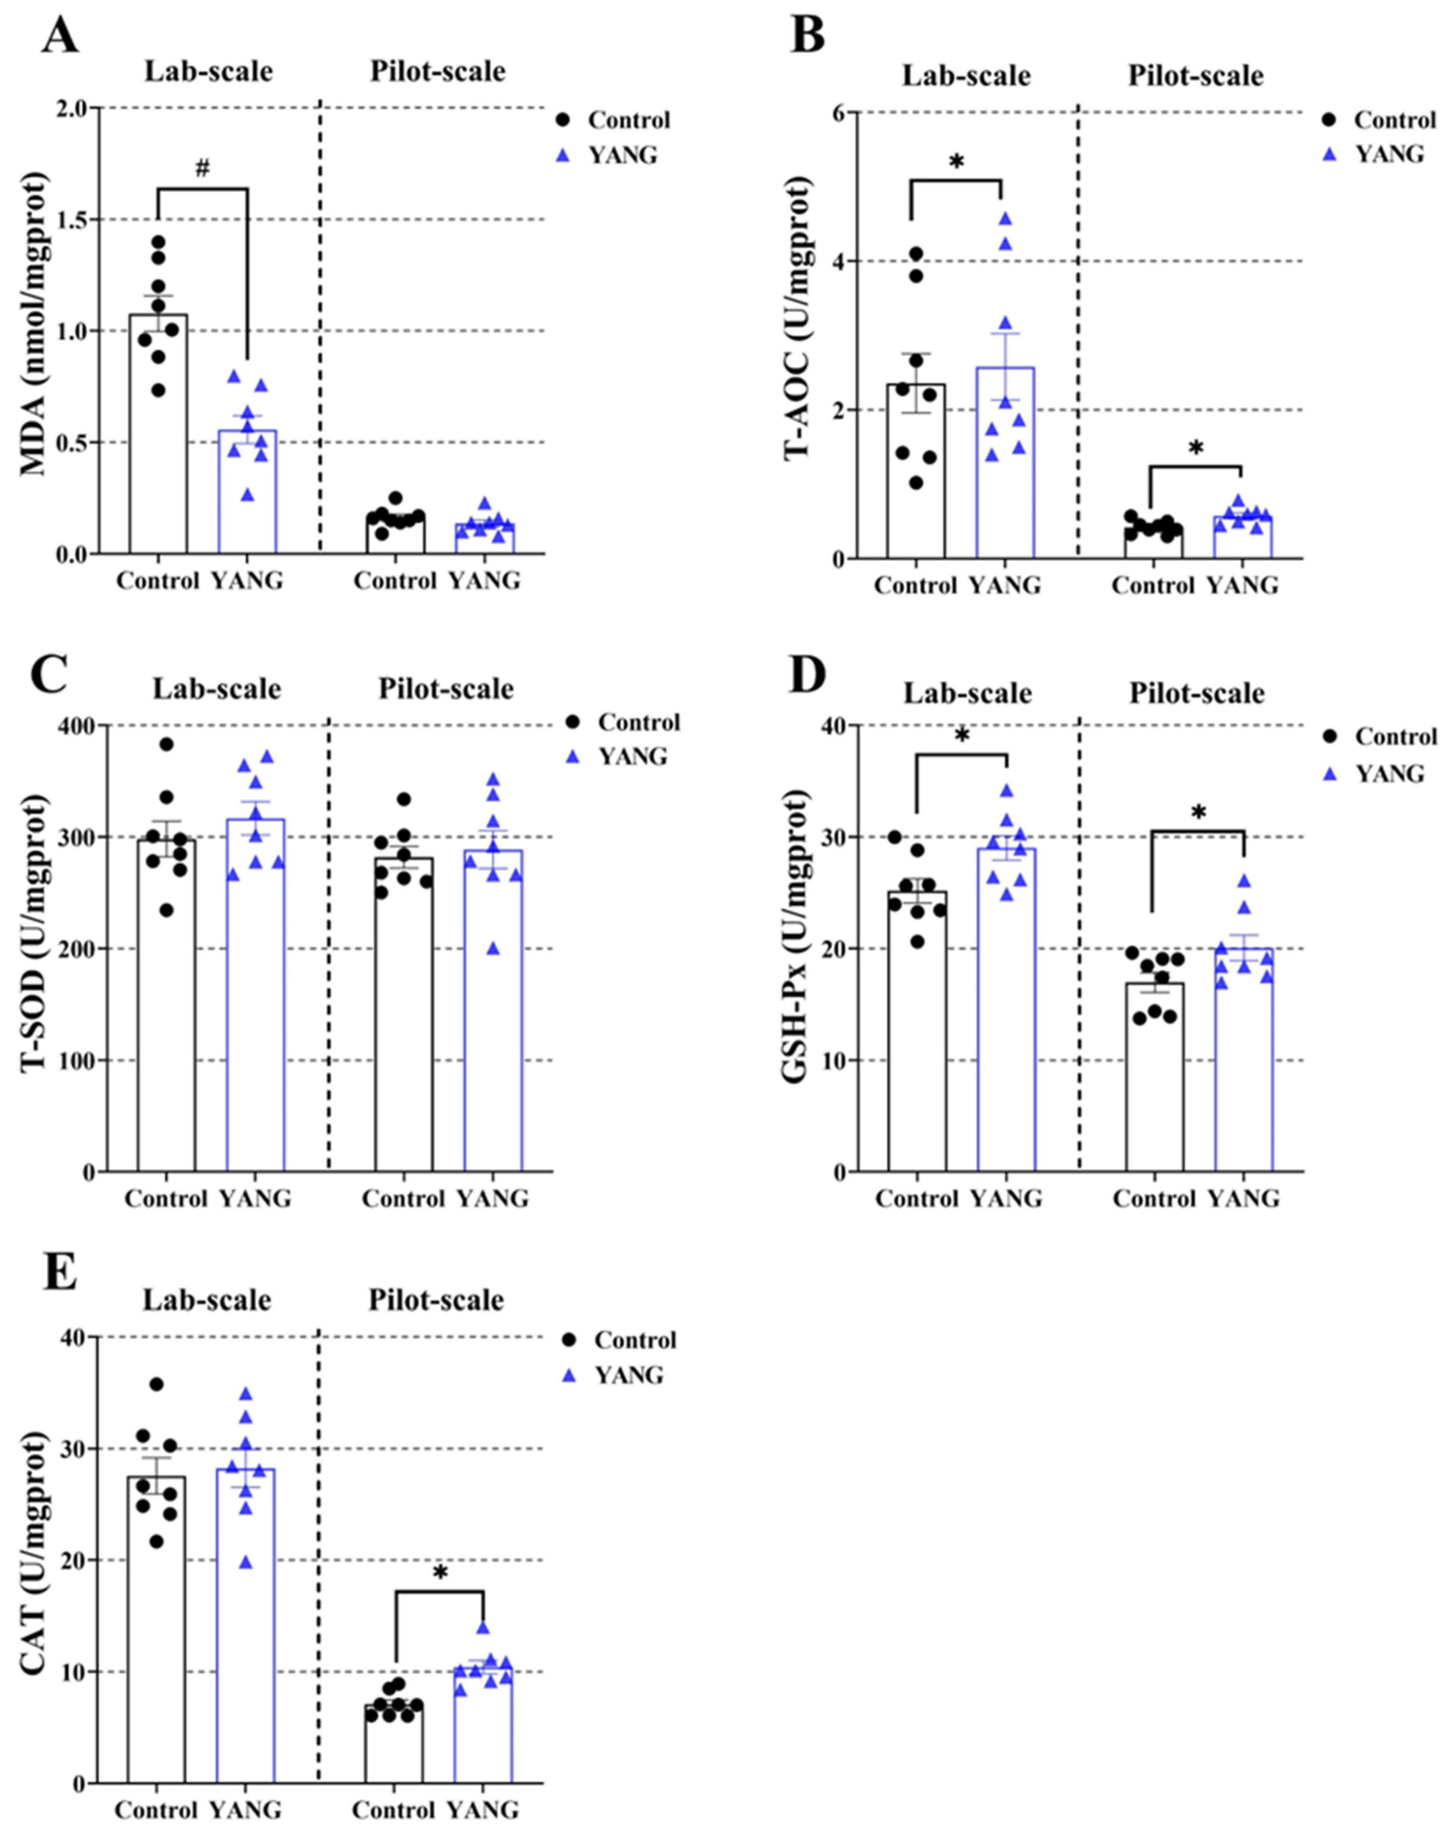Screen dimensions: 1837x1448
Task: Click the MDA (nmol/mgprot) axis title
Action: [34, 331]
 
